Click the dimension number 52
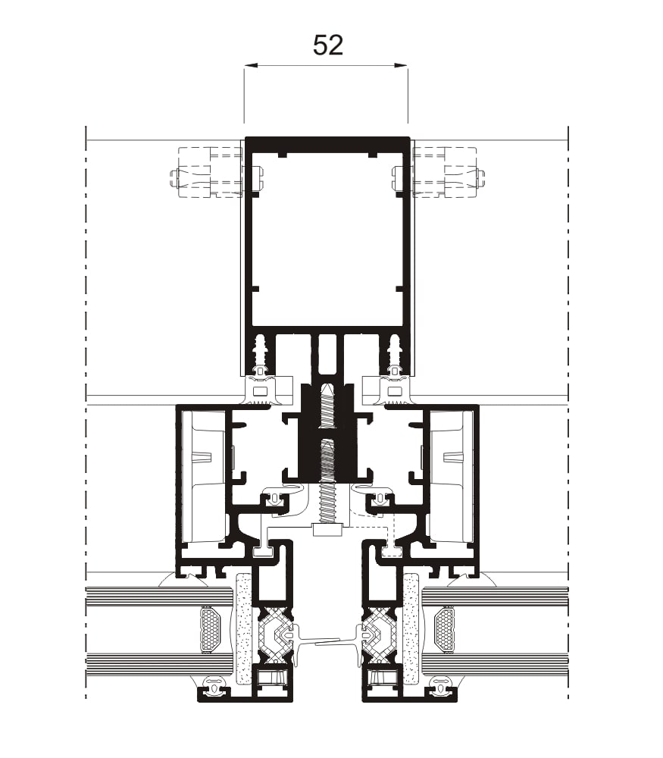(x=327, y=45)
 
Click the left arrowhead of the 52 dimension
(x=251, y=65)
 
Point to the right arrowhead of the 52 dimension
(x=402, y=65)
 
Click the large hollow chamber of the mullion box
(x=327, y=240)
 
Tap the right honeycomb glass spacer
(x=445, y=628)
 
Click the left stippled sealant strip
(x=245, y=628)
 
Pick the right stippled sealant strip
(x=411, y=628)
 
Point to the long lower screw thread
(x=327, y=481)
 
